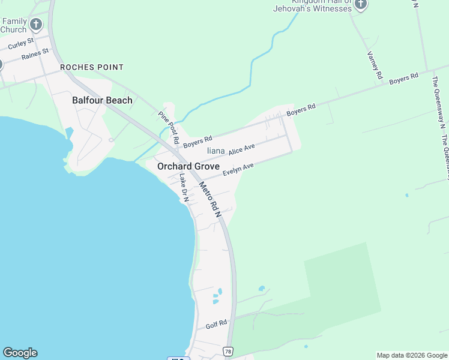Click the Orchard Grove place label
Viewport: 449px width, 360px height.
click(188, 166)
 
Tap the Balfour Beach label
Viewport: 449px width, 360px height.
click(102, 100)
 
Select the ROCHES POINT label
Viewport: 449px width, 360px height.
click(92, 68)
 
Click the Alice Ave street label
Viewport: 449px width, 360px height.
click(242, 149)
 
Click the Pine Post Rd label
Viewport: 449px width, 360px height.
click(169, 127)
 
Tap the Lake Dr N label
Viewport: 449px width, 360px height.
click(184, 187)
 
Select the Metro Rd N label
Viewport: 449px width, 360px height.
click(210, 200)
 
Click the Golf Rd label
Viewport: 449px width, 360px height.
click(216, 325)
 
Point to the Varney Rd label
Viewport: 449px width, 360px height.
click(375, 65)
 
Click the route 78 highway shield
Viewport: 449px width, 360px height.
click(228, 351)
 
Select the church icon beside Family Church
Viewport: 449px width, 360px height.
click(36, 25)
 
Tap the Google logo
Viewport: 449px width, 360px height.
click(20, 353)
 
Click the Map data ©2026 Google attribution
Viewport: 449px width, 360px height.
click(412, 355)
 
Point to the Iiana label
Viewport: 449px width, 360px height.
click(215, 151)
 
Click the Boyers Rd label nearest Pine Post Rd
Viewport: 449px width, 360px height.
click(198, 142)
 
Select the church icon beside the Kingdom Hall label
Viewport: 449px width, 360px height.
click(360, 5)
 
